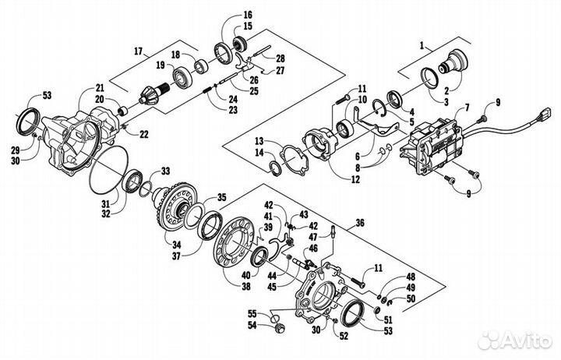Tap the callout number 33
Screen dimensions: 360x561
pos(165,171)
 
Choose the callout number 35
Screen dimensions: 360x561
pos(221,197)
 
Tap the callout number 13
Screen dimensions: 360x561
pos(257,140)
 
